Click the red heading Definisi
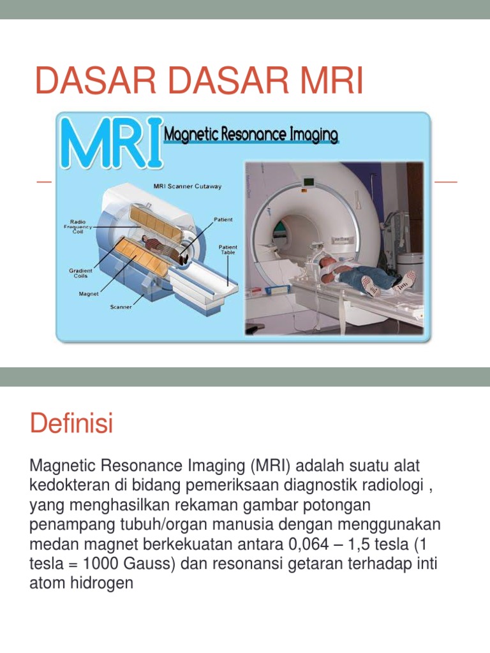71,424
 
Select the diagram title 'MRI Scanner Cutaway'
188,187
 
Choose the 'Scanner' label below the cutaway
121,307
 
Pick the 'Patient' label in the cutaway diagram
223,219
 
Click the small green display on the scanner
309,181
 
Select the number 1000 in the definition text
101,566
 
